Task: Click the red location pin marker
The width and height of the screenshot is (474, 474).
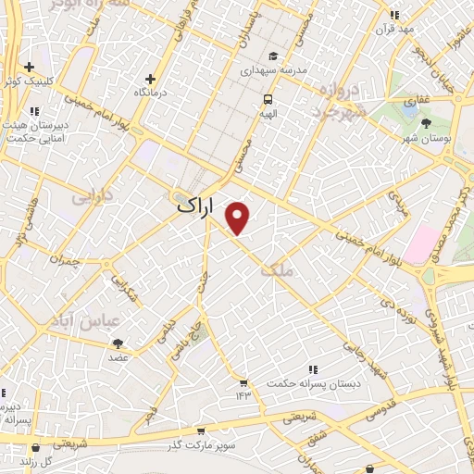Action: [239, 217]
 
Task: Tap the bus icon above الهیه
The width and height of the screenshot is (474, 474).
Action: [268, 99]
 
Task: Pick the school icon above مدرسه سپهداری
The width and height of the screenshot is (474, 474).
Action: [272, 55]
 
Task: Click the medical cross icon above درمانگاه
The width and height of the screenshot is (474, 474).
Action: [151, 79]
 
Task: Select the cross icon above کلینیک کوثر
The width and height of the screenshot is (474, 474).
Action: [31, 67]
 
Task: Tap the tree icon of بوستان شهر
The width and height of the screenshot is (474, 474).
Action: [427, 123]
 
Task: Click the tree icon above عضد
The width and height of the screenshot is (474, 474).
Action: [118, 343]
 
